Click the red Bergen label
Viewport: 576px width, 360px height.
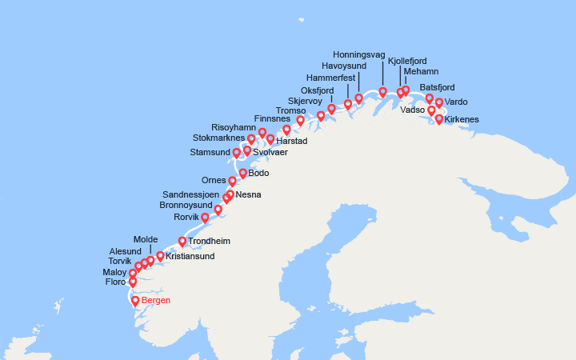tap(156, 301)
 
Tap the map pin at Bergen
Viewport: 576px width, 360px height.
tap(135, 301)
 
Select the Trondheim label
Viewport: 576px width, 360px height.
tap(210, 242)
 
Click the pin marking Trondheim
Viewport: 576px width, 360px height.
tap(182, 242)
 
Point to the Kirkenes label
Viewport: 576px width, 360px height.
tap(462, 119)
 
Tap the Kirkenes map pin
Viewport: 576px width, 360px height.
tap(438, 119)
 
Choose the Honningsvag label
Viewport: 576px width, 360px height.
tap(359, 54)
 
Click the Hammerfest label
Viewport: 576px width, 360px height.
tap(332, 78)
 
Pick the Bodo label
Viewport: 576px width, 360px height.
tap(258, 173)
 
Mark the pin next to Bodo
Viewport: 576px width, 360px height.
tap(242, 172)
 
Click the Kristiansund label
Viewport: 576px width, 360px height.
tap(190, 257)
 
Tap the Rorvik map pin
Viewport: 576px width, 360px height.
tap(205, 218)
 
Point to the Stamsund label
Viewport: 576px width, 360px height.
tap(210, 152)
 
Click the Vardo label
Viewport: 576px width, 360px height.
tap(456, 102)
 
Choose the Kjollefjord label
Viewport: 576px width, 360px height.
tap(407, 61)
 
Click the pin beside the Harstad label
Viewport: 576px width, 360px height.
tap(270, 139)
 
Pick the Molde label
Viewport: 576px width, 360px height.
tap(146, 239)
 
